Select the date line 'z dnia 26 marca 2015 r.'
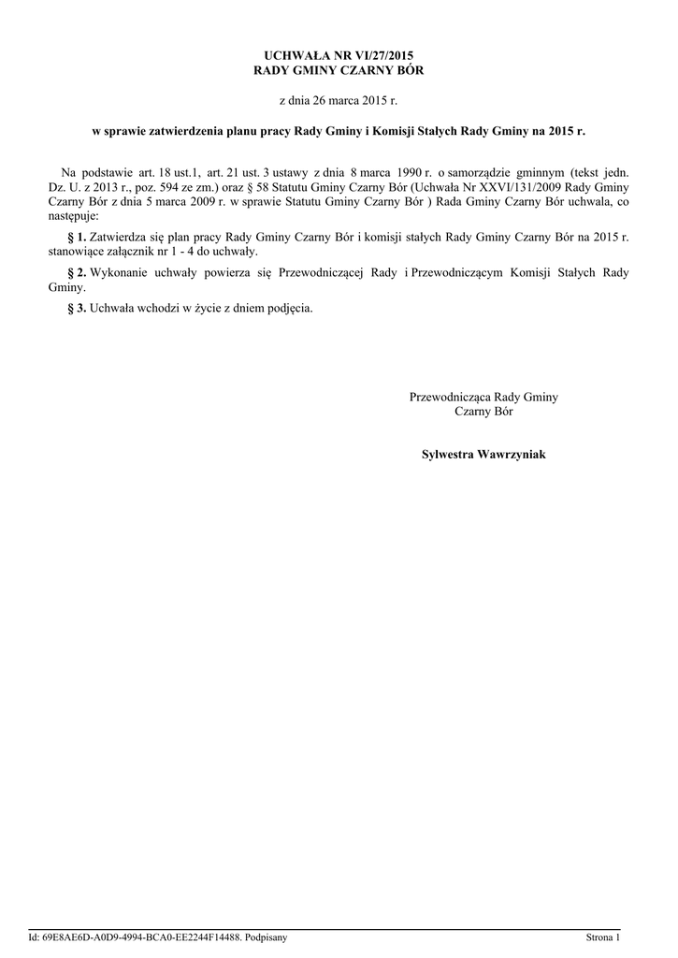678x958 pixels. pos(339,100)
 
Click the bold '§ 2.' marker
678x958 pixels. pos(77,273)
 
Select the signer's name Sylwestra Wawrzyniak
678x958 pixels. pos(483,455)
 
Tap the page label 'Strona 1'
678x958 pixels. pos(603,936)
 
